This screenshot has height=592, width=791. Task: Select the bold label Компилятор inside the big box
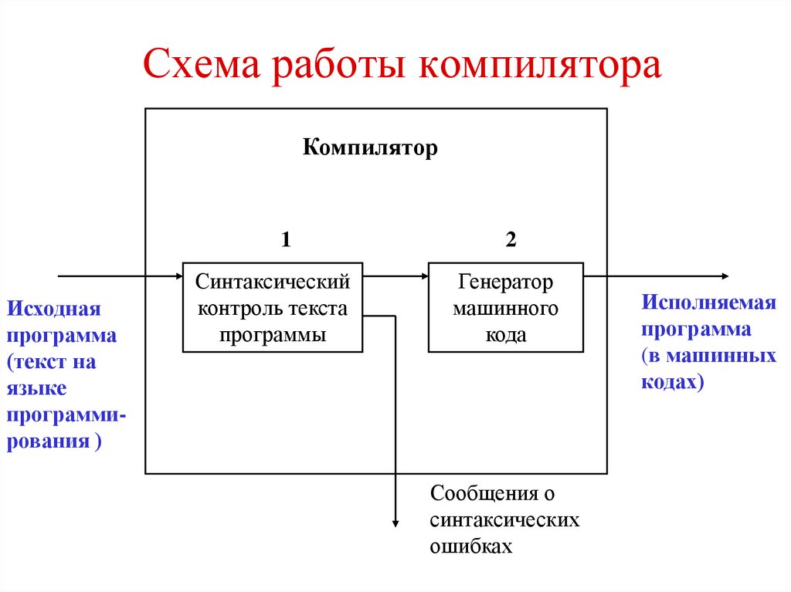coord(370,147)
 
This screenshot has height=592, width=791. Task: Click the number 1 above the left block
coord(286,240)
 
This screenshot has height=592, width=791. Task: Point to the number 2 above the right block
coord(511,240)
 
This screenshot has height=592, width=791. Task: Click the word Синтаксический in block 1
coord(273,282)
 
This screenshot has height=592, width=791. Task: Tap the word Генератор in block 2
coord(506,282)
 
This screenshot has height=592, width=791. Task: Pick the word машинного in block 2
coord(506,309)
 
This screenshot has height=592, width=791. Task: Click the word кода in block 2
coord(506,335)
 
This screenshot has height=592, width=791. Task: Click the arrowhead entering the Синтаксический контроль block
coord(177,276)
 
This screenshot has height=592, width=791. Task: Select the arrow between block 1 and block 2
coord(395,276)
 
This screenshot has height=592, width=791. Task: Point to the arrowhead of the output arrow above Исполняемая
coord(723,276)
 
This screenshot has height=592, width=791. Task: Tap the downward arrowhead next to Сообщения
coord(395,523)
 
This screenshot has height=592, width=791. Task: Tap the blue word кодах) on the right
coord(673,381)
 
